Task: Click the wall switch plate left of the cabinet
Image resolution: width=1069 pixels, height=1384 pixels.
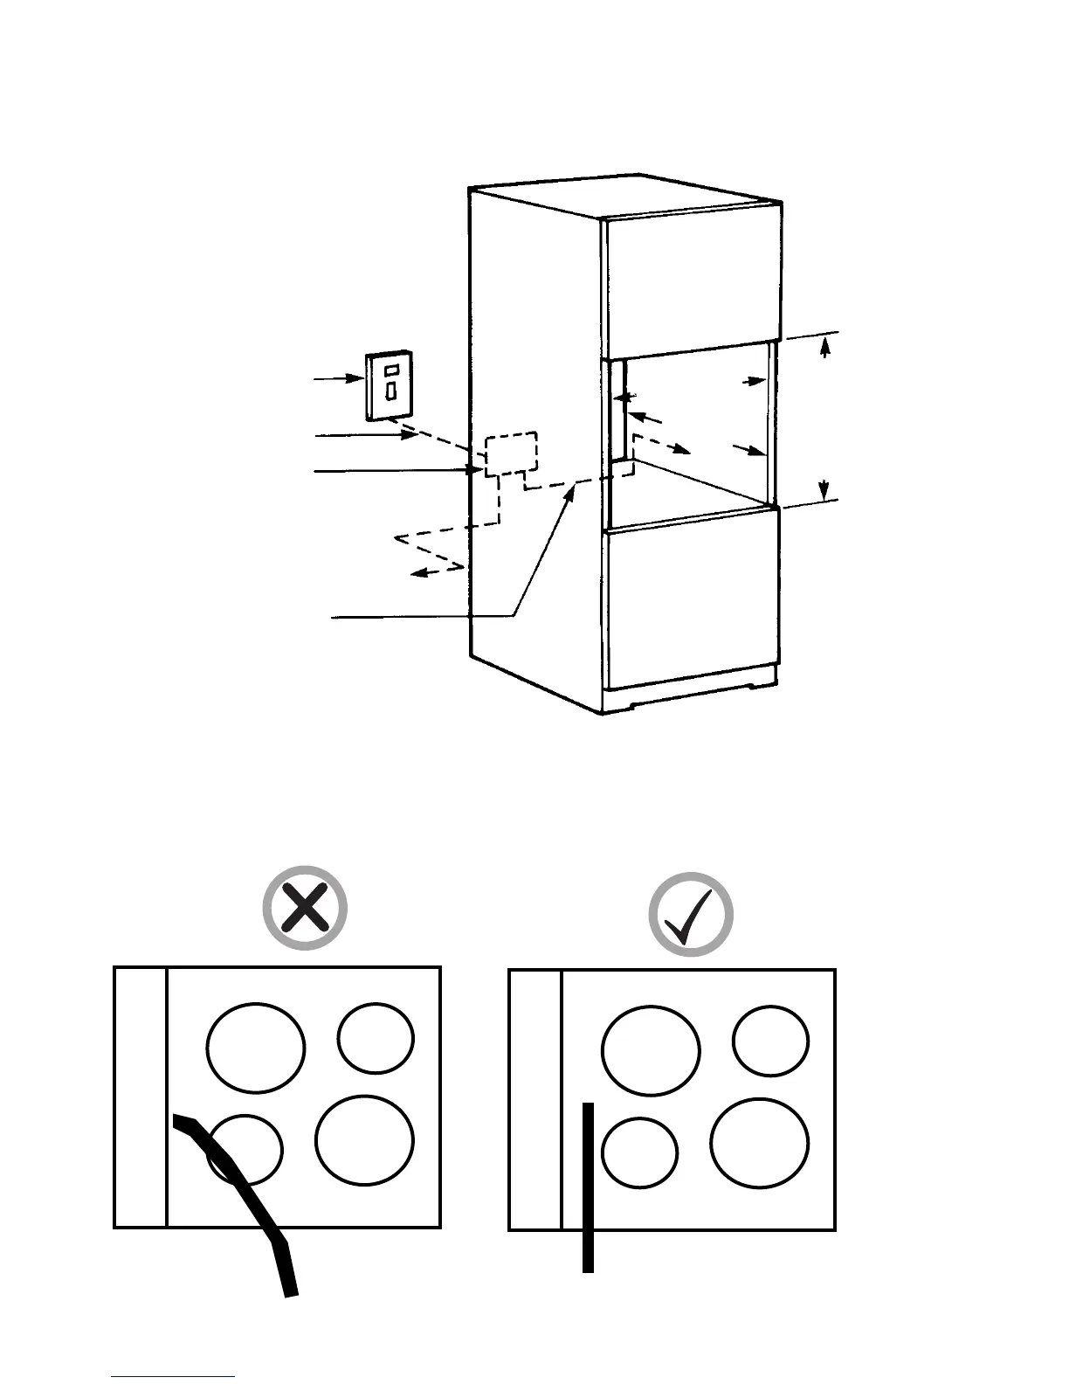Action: point(390,385)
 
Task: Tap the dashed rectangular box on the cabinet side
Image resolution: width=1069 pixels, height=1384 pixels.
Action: point(511,453)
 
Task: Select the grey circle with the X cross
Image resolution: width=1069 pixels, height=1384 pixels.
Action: point(306,909)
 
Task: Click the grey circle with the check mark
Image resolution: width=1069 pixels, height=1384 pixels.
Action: point(691,914)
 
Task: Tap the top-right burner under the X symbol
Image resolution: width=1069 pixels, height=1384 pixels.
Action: point(376,1039)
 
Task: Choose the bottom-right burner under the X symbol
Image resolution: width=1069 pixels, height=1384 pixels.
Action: point(365,1140)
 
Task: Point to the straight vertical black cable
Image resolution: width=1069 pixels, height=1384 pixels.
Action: point(589,1188)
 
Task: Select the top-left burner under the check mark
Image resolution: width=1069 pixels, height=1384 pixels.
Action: point(651,1049)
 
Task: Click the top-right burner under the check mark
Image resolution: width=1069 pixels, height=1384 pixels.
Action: point(771,1041)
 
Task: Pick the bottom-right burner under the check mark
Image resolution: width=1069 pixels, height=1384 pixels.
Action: point(760,1142)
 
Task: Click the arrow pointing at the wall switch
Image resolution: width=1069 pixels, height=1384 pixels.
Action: point(341,378)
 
